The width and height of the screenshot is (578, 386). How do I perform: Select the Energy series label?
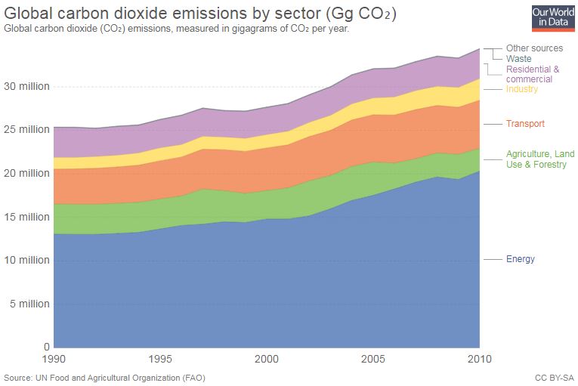(521, 259)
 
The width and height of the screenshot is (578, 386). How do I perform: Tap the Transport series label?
(525, 123)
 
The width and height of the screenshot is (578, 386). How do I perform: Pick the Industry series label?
(522, 89)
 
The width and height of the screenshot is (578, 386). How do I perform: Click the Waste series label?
(518, 58)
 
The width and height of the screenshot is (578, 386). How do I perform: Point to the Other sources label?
(534, 48)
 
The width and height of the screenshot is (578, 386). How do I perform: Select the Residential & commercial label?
(533, 74)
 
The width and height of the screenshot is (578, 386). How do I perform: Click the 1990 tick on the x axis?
(54, 358)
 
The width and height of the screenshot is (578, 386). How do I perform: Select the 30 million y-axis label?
(27, 86)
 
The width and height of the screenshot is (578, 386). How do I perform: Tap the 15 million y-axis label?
(27, 217)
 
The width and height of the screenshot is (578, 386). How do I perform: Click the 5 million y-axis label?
(29, 304)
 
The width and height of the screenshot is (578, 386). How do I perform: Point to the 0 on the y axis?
(46, 347)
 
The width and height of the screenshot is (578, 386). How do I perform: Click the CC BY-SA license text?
(553, 377)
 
